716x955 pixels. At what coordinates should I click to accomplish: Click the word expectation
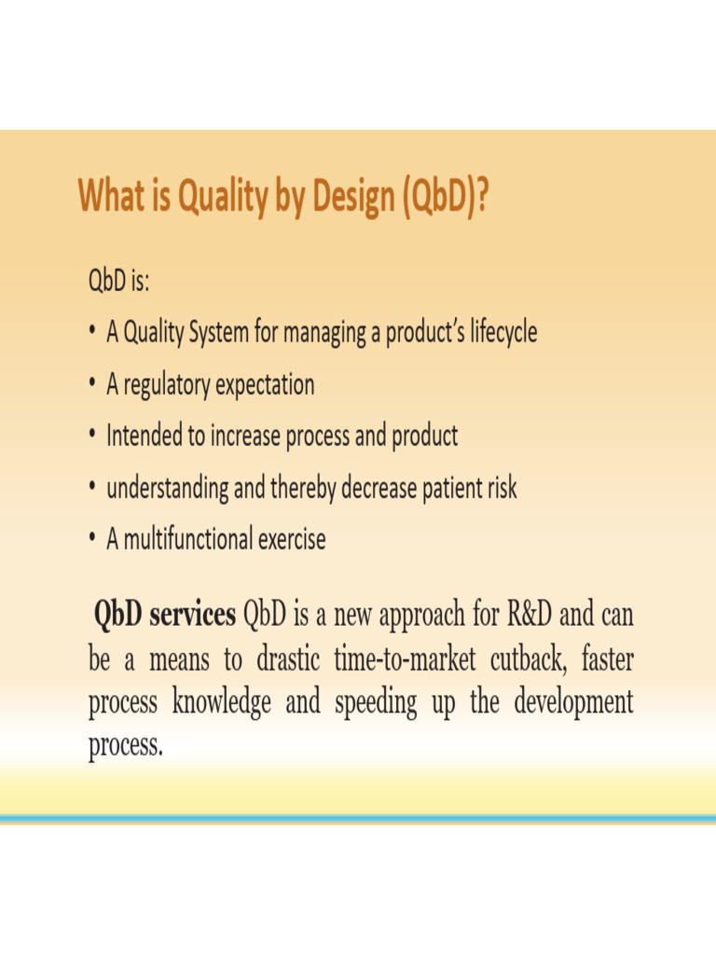click(x=265, y=384)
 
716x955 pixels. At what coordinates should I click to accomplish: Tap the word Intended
click(x=145, y=436)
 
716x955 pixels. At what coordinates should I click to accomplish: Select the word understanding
click(x=167, y=488)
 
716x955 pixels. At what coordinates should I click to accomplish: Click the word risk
click(x=498, y=488)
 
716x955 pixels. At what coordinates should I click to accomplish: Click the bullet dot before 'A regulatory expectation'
click(x=92, y=385)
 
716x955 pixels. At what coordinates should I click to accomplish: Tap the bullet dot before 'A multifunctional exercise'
click(x=92, y=540)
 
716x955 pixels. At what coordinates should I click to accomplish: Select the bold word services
click(x=192, y=616)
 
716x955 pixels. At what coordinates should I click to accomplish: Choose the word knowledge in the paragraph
click(x=221, y=702)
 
